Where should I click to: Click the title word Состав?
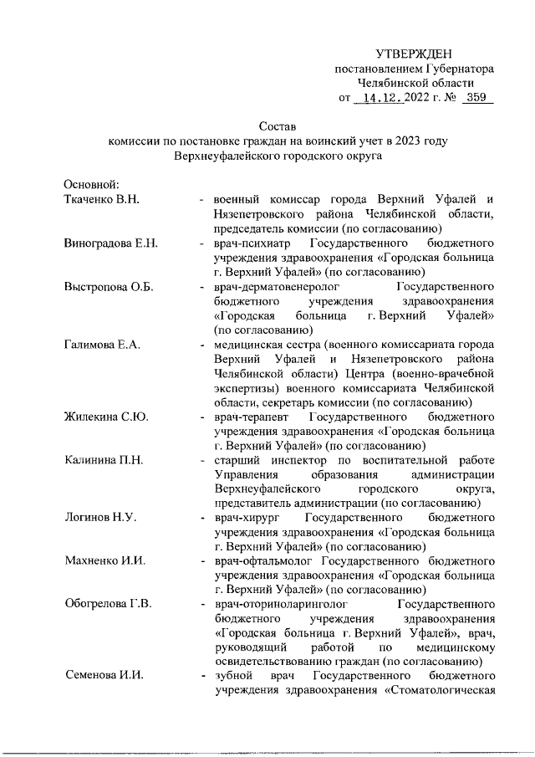(278, 126)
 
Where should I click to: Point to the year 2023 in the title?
(383, 141)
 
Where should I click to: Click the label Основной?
(93, 185)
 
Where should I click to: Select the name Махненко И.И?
(104, 562)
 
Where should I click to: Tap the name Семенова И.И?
(102, 676)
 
